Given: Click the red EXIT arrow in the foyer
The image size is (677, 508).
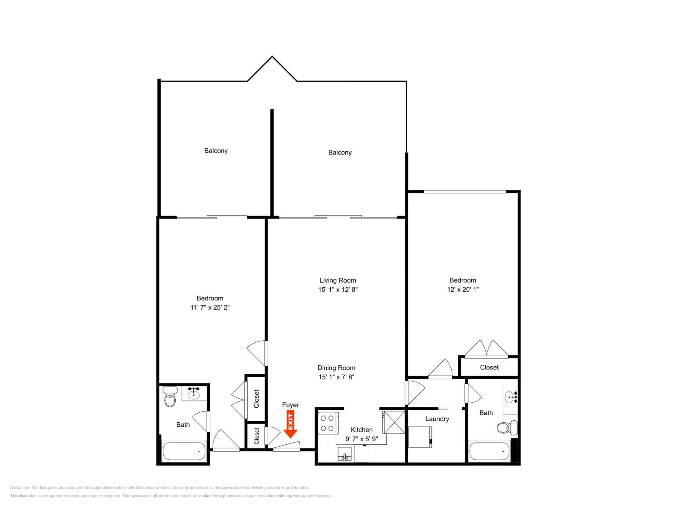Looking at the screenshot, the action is pyautogui.click(x=290, y=424).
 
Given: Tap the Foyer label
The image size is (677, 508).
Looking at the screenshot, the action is pyautogui.click(x=290, y=405).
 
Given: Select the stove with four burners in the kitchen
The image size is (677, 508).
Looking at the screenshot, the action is pyautogui.click(x=328, y=423).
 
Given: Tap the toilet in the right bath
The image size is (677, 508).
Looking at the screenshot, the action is pyautogui.click(x=507, y=427).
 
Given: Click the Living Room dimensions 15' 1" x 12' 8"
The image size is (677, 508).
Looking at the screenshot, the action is pyautogui.click(x=338, y=289).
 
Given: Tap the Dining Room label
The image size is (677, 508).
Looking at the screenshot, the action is pyautogui.click(x=336, y=368).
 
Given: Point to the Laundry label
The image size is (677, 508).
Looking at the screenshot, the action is pyautogui.click(x=437, y=419).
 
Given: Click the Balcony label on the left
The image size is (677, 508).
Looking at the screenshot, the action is pyautogui.click(x=216, y=151).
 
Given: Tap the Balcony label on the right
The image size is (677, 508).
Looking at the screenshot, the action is pyautogui.click(x=340, y=152).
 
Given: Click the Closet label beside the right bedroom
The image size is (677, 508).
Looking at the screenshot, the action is pyautogui.click(x=489, y=367).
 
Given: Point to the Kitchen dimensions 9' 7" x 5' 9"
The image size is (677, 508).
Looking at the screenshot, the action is pyautogui.click(x=362, y=439).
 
